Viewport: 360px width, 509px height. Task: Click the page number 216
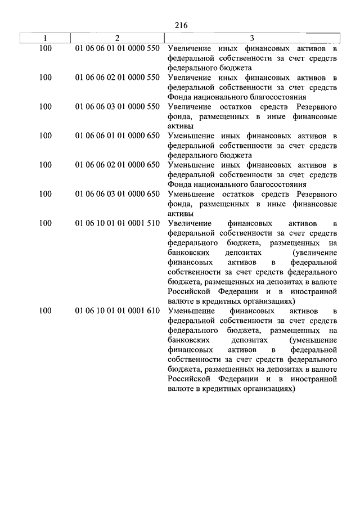181,25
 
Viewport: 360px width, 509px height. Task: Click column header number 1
46,38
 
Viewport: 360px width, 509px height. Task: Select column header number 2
117,38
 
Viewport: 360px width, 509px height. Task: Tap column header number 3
252,38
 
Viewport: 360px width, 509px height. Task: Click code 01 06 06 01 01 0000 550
117,48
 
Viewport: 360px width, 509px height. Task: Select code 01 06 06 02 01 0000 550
117,78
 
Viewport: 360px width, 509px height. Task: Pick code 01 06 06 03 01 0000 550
117,107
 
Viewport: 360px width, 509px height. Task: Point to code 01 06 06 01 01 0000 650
117,136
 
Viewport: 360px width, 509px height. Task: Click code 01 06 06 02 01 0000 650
117,165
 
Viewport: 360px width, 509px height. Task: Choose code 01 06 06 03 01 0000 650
117,195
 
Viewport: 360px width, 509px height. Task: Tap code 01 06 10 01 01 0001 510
117,224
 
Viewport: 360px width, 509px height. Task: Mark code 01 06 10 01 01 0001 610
117,312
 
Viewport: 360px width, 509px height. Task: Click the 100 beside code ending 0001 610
46,312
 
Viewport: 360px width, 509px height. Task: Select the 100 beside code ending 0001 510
46,224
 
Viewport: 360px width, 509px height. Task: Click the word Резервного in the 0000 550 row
316,107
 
